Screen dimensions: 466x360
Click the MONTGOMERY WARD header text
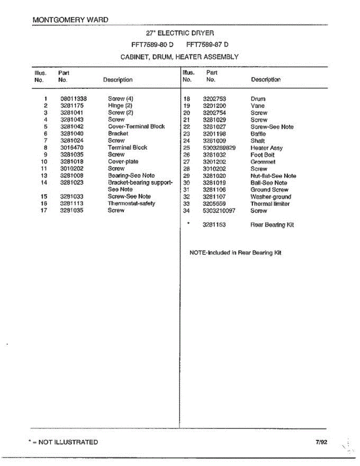click(x=71, y=19)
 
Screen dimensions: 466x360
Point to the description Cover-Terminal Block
click(x=136, y=127)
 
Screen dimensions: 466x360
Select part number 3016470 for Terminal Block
click(x=72, y=148)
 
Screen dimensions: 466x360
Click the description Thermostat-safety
click(x=131, y=203)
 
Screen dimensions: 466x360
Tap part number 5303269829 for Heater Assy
click(x=219, y=148)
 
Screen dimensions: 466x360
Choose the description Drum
click(x=258, y=99)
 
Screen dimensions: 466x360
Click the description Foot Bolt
click(x=263, y=155)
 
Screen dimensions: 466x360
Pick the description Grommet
click(x=263, y=162)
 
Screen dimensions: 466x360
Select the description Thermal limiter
click(x=270, y=204)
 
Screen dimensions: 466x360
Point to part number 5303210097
click(x=219, y=211)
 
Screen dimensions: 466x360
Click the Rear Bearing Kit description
click(x=272, y=225)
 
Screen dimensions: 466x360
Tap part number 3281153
click(x=214, y=225)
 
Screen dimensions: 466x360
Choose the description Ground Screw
click(x=269, y=190)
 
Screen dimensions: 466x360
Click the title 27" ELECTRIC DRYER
click(x=179, y=33)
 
